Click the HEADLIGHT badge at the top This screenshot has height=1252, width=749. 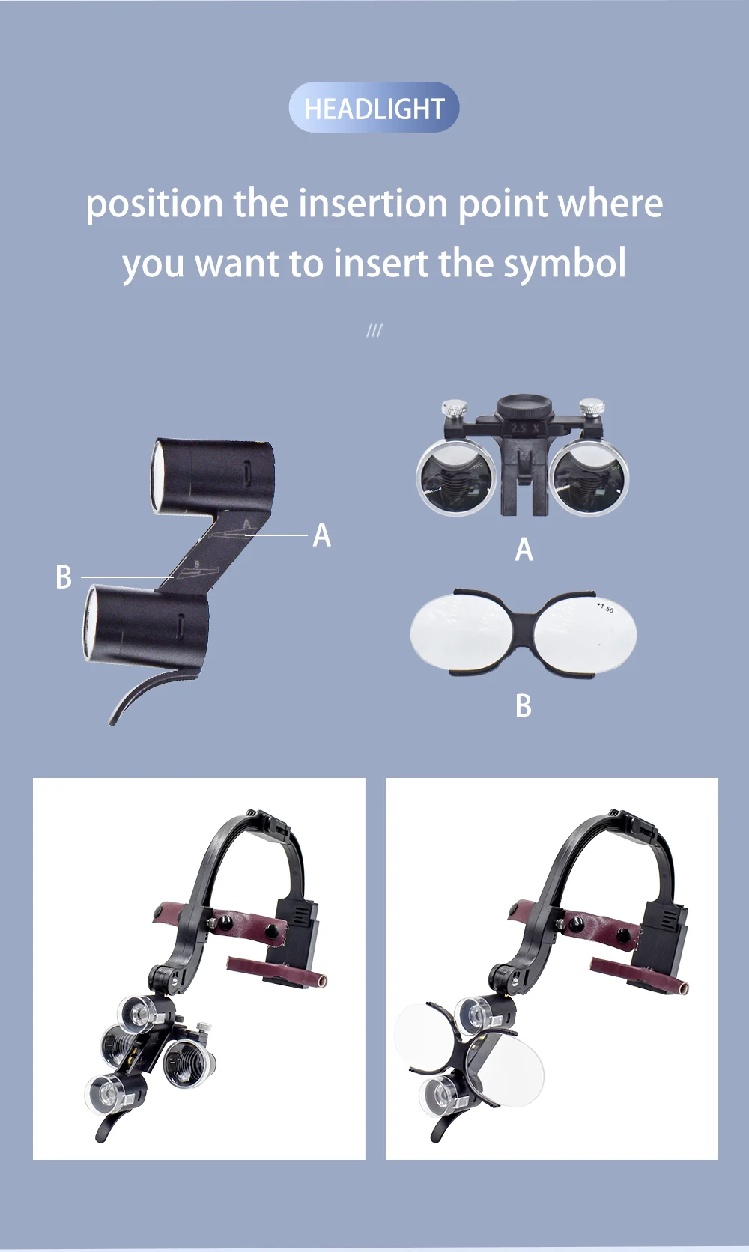374,107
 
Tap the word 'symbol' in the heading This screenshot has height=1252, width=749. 565,264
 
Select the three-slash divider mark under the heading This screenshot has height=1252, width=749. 374,331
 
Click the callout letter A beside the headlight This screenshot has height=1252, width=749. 321,535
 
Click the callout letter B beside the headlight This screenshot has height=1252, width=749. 64,577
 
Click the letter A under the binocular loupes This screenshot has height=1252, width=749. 524,550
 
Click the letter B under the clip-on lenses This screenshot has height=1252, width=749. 524,706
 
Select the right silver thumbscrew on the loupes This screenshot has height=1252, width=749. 592,408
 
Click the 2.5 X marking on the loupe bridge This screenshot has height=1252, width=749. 524,429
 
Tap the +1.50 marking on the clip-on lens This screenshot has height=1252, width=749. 604,607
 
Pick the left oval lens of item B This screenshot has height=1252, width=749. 461,631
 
